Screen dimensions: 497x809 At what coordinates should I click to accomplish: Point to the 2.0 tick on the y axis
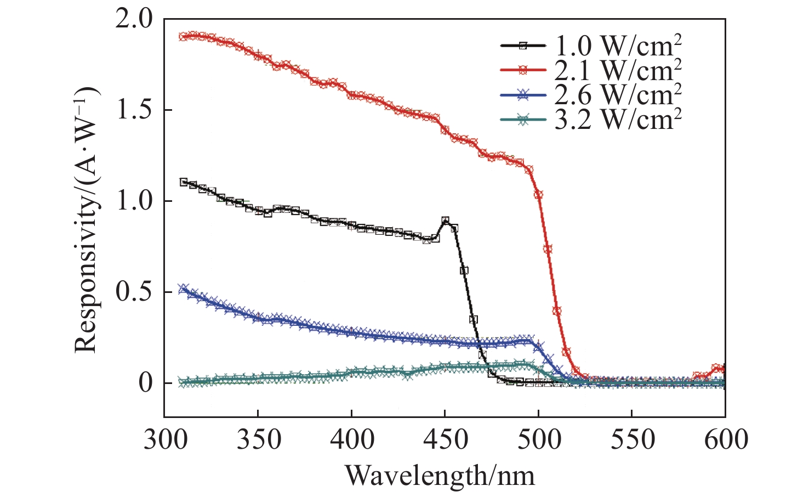[x=134, y=20]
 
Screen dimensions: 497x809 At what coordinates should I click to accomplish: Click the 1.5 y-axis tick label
[x=134, y=110]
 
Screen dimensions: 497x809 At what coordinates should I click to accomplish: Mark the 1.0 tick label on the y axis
[x=134, y=201]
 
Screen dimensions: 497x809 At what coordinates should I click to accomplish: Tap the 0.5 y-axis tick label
[x=134, y=292]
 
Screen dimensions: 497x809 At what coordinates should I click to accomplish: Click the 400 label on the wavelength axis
[x=351, y=440]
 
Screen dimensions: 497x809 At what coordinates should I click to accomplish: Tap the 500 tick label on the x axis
[x=538, y=440]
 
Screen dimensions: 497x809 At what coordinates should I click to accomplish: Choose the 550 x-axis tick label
[x=632, y=440]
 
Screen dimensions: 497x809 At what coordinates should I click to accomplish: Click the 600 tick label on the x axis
[x=725, y=440]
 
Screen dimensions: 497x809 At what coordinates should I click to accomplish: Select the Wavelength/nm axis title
[x=440, y=475]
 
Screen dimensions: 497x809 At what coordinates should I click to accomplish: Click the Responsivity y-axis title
[x=87, y=219]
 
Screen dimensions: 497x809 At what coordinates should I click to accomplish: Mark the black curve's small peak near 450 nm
[x=446, y=220]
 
